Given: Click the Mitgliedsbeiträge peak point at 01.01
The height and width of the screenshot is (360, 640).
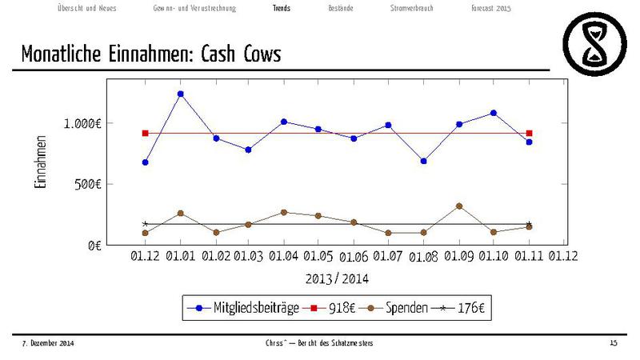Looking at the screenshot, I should [x=181, y=94].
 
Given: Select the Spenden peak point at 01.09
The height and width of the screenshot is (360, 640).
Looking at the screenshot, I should [x=459, y=206].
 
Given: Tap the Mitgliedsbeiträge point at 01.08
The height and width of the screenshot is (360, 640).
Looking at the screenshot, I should [x=424, y=161].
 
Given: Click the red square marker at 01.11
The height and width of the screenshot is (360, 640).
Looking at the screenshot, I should [x=530, y=133].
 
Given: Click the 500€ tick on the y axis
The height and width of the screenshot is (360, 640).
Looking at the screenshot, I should [x=97, y=184].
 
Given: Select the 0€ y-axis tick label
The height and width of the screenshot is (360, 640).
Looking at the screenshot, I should [x=103, y=245].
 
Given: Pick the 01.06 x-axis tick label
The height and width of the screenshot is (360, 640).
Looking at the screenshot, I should [x=354, y=257].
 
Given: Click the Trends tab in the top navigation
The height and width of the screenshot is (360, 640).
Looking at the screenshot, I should [x=282, y=8].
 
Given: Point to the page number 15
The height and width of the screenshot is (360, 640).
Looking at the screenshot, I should [x=614, y=343].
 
